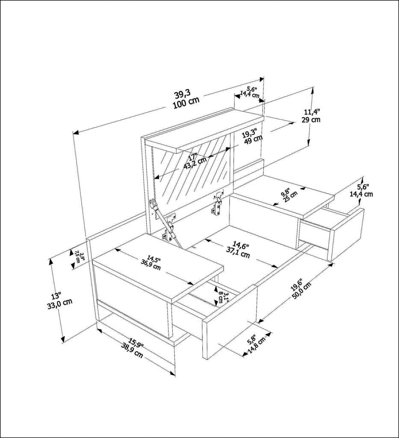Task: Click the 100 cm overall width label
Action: click(186, 103)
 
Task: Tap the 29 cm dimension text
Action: click(311, 120)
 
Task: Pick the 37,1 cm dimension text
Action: click(238, 255)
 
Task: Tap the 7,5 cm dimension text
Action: click(78, 257)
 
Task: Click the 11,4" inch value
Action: click(312, 112)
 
